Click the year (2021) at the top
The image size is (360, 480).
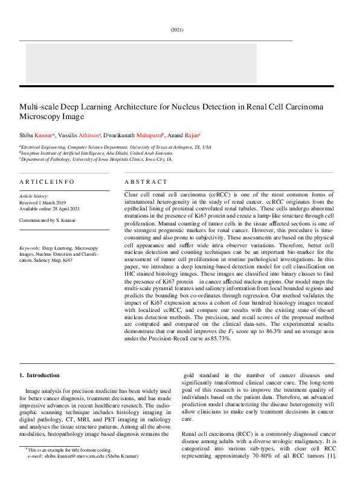point(177,30)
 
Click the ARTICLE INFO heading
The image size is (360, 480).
point(47,181)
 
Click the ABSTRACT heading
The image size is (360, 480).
point(146,181)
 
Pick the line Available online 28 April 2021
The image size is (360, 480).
point(53,209)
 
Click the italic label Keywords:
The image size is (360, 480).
point(30,248)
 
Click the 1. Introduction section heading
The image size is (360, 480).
point(40,375)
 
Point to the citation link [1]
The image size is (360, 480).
point(330,455)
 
